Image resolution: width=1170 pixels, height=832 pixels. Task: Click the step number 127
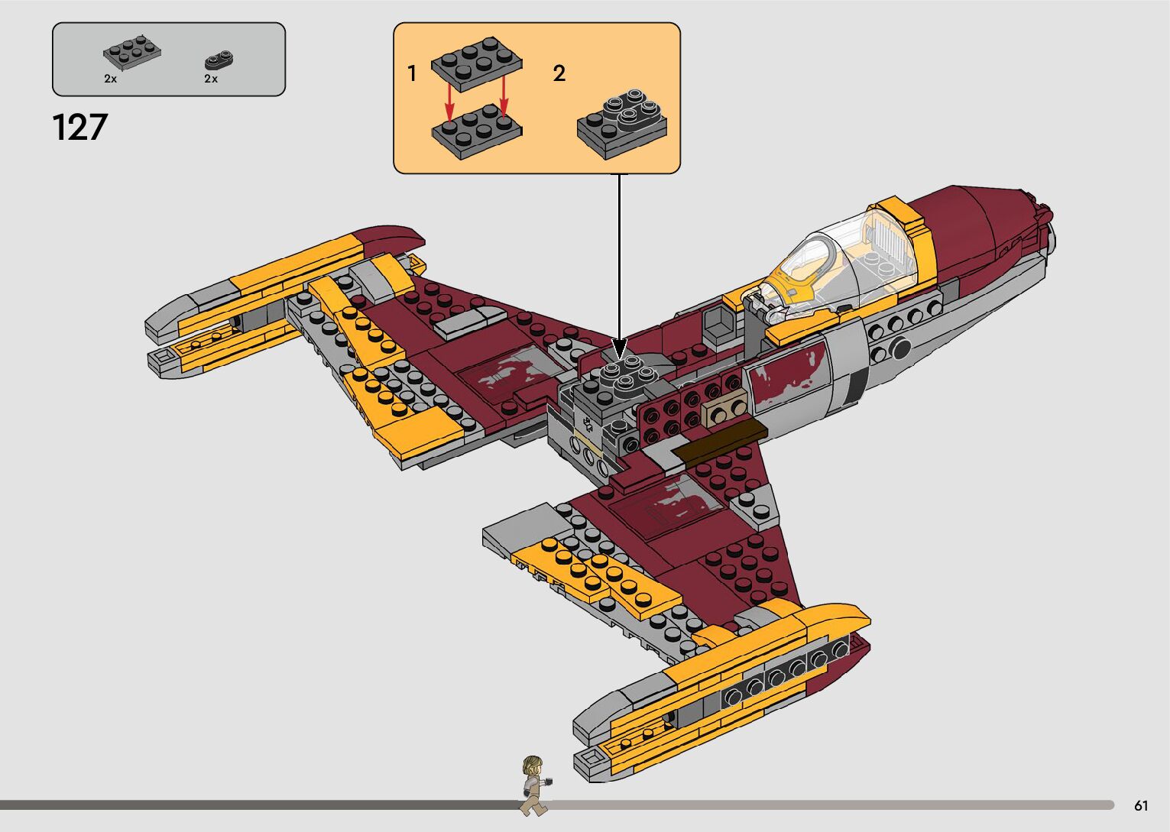tap(80, 128)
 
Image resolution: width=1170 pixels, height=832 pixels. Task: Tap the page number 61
tap(1141, 805)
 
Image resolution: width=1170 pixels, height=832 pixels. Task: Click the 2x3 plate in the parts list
tap(131, 50)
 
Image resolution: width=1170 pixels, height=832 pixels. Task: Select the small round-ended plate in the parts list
tap(220, 60)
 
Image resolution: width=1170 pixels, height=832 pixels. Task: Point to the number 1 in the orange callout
tap(412, 74)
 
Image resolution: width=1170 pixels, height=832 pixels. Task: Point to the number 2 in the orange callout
tap(559, 73)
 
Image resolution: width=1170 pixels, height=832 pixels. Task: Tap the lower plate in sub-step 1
tap(477, 131)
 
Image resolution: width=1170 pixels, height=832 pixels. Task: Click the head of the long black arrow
tap(620, 348)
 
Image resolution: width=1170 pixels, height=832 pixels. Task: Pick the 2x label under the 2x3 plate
tap(111, 79)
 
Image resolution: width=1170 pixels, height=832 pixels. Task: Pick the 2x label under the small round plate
tap(211, 79)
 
